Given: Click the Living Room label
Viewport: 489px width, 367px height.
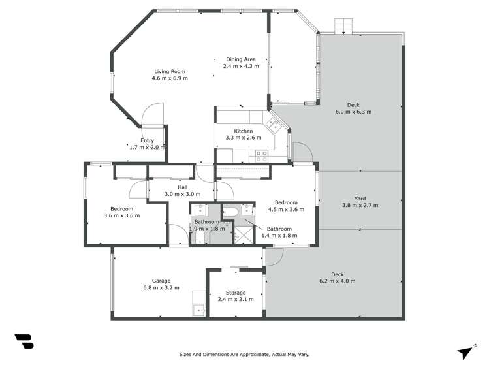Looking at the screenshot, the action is pos(170,71).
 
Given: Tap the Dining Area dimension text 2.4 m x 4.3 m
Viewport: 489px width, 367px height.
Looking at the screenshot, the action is pos(241,66).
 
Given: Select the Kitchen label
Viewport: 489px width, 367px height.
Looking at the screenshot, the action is pos(244,131).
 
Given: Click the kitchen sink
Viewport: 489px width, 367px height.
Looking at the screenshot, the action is pos(273,124).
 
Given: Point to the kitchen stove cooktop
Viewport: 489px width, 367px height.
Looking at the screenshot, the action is pos(261,156).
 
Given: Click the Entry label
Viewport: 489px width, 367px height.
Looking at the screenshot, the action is pos(147,140).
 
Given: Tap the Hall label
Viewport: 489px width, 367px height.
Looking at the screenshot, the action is pos(182,187).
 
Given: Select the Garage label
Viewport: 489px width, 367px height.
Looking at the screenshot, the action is pos(161,281).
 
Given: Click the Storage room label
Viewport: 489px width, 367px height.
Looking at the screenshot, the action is pos(236,293).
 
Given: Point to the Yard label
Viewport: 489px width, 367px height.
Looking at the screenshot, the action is pos(360,199).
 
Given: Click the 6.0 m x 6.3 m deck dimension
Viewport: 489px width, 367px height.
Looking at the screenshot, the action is pos(353,112).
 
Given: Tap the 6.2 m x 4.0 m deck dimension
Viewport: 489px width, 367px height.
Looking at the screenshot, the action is pos(337,281).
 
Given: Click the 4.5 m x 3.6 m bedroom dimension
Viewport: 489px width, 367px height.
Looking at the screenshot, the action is pos(286,209).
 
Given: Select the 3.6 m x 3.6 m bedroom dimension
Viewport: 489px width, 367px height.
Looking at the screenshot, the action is pos(121,215).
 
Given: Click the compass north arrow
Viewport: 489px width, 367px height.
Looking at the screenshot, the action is pos(465,353).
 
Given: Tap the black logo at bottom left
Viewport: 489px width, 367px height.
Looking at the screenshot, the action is pos(24,342).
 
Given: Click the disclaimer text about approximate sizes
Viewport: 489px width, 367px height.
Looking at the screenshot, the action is pos(244,354).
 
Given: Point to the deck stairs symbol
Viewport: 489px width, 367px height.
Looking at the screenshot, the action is pos(343,26).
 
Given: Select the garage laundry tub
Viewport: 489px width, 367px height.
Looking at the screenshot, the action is pos(199,310).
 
